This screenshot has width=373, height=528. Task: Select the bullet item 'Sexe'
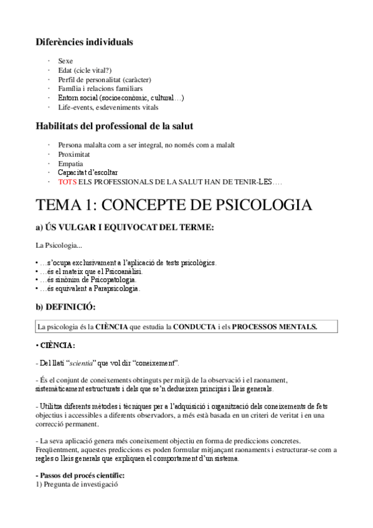(65, 61)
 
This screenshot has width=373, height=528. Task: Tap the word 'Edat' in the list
(65, 70)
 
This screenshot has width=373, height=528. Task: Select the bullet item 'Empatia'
(70, 163)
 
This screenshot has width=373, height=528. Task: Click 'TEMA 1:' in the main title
(64, 205)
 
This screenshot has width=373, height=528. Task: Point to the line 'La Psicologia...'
(54, 245)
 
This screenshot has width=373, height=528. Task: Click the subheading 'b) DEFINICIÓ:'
(65, 308)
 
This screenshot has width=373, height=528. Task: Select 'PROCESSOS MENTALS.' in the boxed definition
(274, 326)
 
